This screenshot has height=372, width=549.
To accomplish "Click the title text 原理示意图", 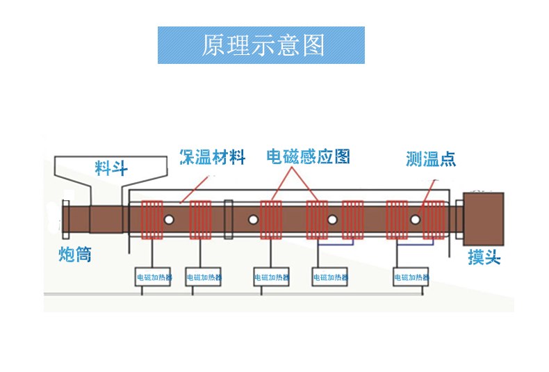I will [x=262, y=45].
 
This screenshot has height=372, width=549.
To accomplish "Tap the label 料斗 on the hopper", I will [x=110, y=167].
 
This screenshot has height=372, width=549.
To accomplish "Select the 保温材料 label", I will [x=212, y=157].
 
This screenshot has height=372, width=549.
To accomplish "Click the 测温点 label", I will [x=431, y=159].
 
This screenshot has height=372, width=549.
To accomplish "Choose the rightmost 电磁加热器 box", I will [x=411, y=277].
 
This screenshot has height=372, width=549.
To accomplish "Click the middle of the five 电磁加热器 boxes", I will [x=270, y=277].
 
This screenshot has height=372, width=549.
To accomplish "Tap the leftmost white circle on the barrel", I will [x=169, y=220].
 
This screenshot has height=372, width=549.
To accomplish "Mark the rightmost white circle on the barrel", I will [x=415, y=220].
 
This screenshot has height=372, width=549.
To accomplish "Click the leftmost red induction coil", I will [x=151, y=220].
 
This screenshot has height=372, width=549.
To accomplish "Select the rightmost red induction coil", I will [x=434, y=220].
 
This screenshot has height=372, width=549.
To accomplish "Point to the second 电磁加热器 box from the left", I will [x=203, y=277].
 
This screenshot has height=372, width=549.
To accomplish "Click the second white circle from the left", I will [x=254, y=220].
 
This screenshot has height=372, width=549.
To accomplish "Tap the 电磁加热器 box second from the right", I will [x=330, y=277].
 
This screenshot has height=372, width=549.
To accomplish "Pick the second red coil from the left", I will [x=200, y=220].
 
